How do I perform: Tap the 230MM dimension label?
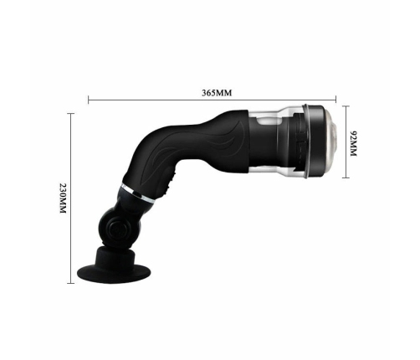click(x=63, y=198)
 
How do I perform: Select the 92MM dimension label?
click(x=355, y=144)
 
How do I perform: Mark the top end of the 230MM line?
click(x=72, y=115)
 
